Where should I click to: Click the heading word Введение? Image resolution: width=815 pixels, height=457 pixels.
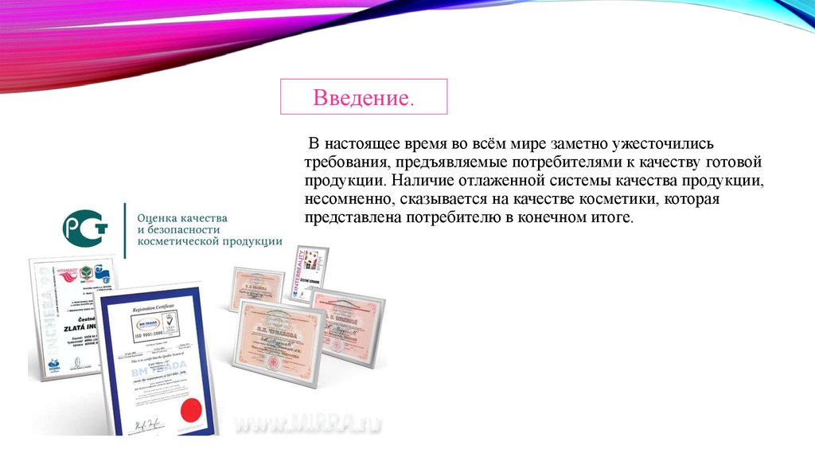[x=363, y=99]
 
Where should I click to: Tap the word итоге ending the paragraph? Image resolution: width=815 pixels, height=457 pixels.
[x=611, y=217]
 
